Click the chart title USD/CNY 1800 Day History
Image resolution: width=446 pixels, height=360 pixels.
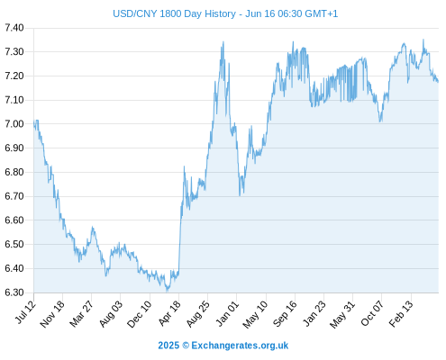174,13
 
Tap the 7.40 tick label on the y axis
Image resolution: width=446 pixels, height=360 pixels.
14,28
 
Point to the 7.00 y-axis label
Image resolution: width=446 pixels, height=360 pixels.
14,124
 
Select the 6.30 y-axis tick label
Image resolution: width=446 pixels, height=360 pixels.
14,292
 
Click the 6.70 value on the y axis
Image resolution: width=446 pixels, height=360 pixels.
14,196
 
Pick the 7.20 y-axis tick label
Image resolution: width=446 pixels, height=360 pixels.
14,76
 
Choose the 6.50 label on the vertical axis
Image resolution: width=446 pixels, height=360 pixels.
14,244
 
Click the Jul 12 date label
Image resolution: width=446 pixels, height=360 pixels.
25,312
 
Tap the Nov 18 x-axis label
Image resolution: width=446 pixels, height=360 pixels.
52,314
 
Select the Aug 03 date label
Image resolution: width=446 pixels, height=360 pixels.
111,313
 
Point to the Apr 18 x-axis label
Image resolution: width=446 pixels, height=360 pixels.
169,313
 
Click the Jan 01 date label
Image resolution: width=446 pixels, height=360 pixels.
228,313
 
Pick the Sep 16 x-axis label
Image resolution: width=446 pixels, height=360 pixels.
285,313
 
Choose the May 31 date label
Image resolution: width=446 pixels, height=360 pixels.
342,314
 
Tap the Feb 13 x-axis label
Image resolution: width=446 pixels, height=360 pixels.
401,313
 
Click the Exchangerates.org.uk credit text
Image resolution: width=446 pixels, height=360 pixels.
240,346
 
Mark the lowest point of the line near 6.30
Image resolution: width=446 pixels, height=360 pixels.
168,291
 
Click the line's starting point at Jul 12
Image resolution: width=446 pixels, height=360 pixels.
34,122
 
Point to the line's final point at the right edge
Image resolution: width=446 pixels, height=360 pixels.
438,82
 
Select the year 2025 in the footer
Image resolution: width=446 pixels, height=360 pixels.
168,346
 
